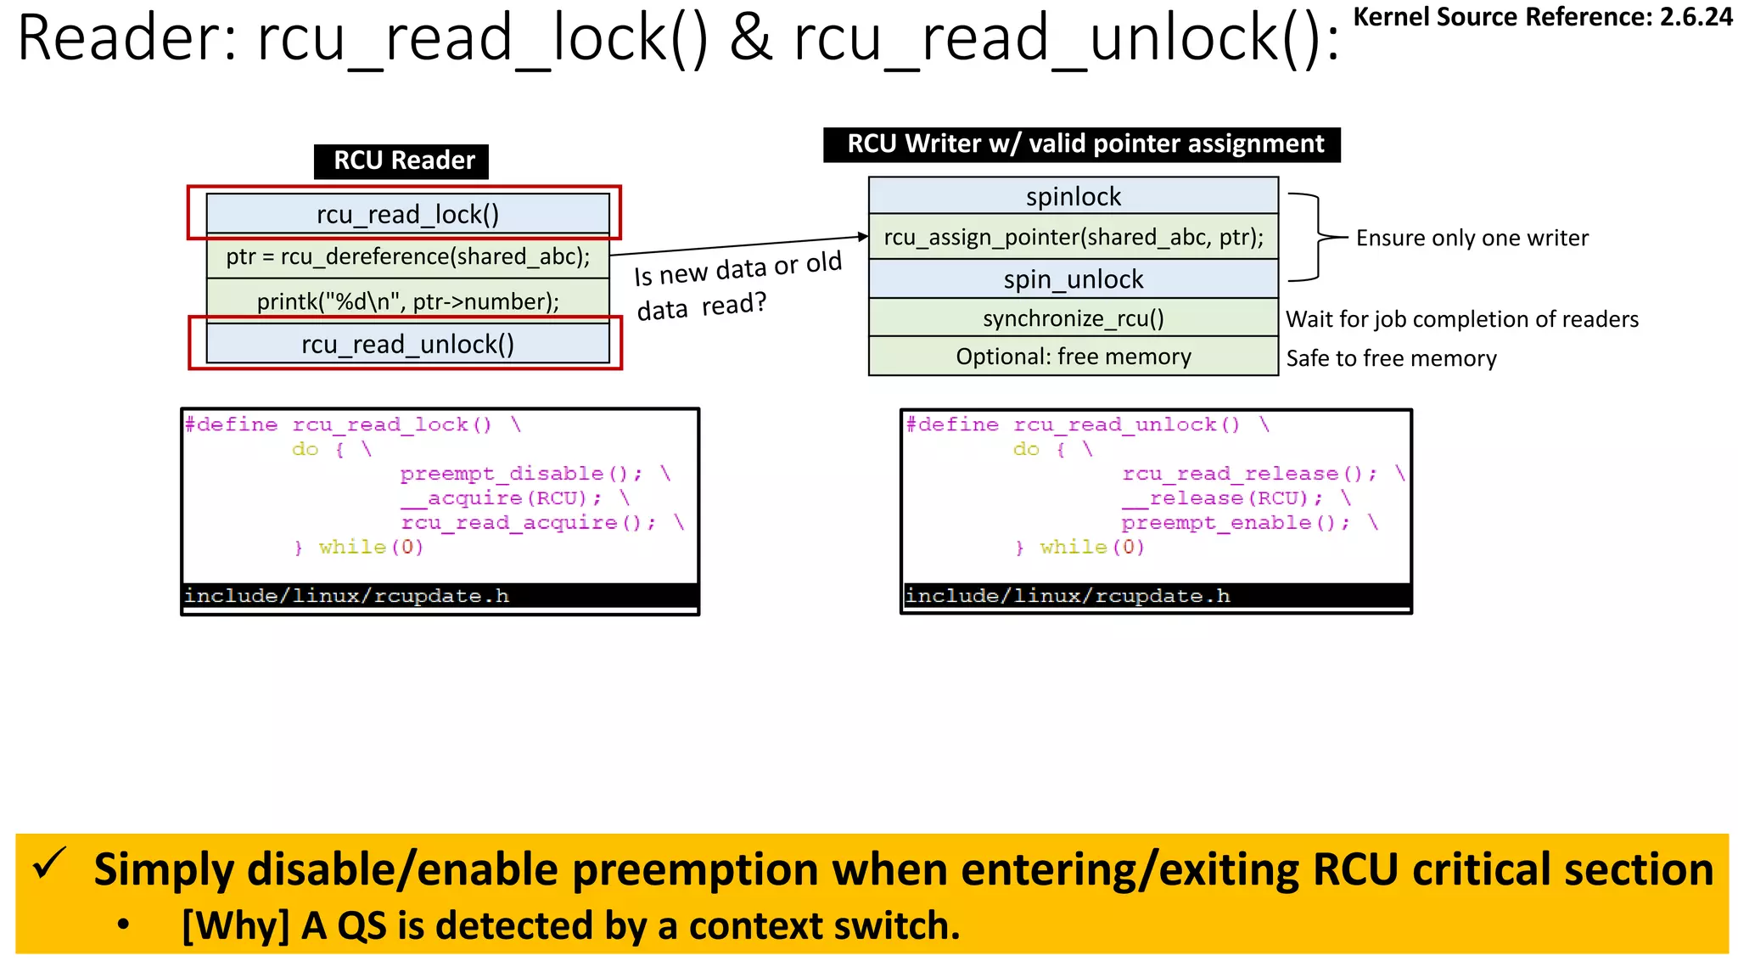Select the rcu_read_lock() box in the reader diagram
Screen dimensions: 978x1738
pyautogui.click(x=407, y=214)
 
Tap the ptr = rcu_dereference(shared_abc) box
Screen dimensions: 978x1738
pyautogui.click(x=407, y=256)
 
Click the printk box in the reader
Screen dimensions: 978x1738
pyautogui.click(x=407, y=301)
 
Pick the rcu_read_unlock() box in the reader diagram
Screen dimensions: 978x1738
pyautogui.click(x=407, y=344)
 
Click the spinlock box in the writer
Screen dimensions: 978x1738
pyautogui.click(x=1073, y=196)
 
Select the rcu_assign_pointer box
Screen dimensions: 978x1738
pyautogui.click(x=1073, y=237)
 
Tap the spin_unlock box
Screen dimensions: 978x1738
pyautogui.click(x=1073, y=278)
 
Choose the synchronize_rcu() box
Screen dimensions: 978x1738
pyautogui.click(x=1073, y=318)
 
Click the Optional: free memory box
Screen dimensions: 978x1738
pyautogui.click(x=1073, y=357)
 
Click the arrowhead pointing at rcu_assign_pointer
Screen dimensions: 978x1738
pyautogui.click(x=862, y=237)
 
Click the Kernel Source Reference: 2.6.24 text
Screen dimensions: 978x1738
pyautogui.click(x=1542, y=17)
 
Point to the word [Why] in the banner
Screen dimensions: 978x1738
pyautogui.click(x=235, y=925)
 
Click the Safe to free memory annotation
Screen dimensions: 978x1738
pyautogui.click(x=1391, y=358)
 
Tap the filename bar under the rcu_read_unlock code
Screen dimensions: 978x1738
pyautogui.click(x=1156, y=596)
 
